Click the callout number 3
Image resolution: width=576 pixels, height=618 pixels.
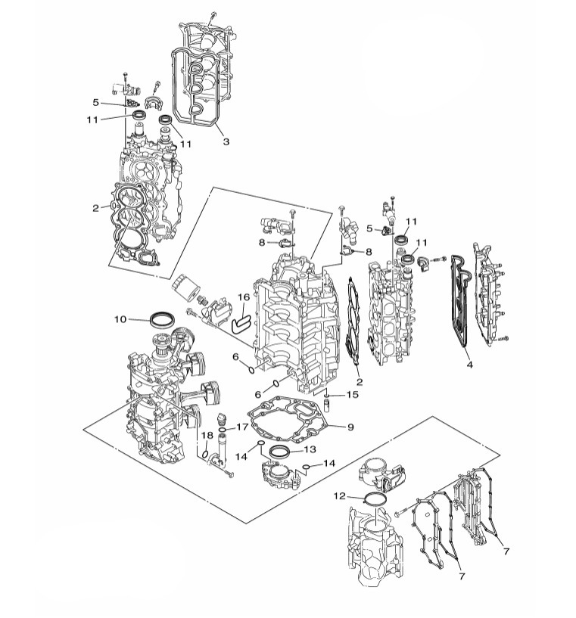(226, 141)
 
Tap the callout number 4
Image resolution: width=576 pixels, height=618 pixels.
(469, 365)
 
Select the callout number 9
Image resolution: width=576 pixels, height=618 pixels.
(350, 427)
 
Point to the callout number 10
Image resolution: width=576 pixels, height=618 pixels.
(120, 319)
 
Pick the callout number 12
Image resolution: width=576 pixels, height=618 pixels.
(339, 495)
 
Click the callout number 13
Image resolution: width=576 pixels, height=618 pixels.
(310, 449)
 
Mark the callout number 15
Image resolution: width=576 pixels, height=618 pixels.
(353, 395)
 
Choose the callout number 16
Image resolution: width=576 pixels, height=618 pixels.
(244, 297)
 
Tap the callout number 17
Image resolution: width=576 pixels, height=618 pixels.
(242, 427)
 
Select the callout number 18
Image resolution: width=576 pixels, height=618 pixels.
(207, 435)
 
